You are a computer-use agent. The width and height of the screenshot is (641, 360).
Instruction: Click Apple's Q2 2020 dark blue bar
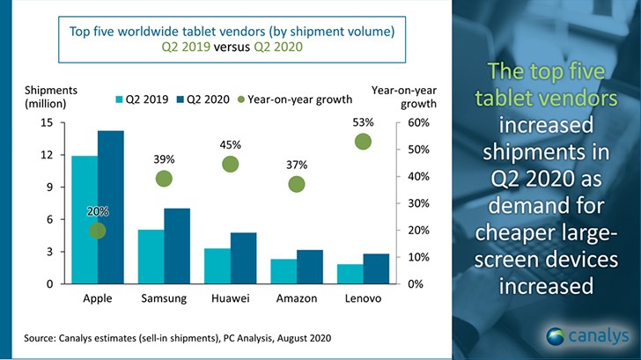(x=111, y=207)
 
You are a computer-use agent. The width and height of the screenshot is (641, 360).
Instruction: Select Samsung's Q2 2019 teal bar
(x=151, y=256)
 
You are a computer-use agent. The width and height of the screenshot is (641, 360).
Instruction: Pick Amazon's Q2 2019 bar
(x=284, y=271)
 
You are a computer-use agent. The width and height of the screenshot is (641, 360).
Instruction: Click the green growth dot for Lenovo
(x=363, y=142)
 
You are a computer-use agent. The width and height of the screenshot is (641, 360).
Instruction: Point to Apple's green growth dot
(x=98, y=231)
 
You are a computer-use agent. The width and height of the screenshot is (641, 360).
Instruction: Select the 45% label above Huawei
(x=231, y=144)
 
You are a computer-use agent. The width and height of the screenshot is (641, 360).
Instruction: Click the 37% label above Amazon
(x=297, y=165)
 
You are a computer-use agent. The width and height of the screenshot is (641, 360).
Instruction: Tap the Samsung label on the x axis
(x=164, y=298)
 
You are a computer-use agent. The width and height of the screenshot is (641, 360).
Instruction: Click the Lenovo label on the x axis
(x=363, y=298)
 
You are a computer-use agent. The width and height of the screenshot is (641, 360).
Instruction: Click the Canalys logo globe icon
(x=556, y=335)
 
